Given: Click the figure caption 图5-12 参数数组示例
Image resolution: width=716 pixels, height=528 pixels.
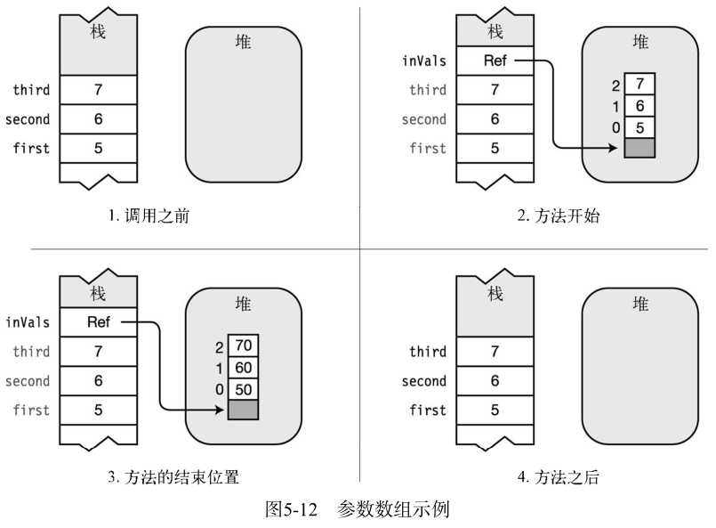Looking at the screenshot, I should pos(358,511).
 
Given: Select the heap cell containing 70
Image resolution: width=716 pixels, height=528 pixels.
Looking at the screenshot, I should pos(243,343).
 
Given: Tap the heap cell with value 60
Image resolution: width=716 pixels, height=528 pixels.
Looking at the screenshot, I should pos(243,366).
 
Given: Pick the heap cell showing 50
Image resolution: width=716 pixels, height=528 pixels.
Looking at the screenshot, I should pos(243,388).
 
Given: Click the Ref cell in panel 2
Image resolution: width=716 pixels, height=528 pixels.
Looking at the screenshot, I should pos(495,61).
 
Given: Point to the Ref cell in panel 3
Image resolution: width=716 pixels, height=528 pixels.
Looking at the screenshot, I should pos(99,322).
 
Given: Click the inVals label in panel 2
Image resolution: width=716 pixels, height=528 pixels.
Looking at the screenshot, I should pos(423,61).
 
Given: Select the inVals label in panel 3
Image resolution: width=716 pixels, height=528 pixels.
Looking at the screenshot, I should pos(28,322).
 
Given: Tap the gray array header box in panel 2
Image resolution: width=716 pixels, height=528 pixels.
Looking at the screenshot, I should pos(639,149).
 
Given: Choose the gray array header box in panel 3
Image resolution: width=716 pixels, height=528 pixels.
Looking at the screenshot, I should pos(243,410).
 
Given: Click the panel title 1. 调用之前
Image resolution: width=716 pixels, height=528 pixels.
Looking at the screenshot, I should pos(149,215).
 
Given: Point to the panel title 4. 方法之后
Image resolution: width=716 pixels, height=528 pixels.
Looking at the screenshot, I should pos(559,478).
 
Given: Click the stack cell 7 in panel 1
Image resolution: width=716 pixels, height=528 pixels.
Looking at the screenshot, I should pos(99,90).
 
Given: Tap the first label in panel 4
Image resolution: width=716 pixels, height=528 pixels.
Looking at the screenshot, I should pos(427,410).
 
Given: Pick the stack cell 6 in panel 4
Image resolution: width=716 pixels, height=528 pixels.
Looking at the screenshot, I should pos(495,381).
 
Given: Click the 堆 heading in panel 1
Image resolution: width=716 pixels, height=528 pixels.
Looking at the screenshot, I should pos(242,42).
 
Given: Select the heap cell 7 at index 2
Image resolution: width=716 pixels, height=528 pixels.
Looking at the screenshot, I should pos(639,85).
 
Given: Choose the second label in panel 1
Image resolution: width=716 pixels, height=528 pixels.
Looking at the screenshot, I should pos(28,119).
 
